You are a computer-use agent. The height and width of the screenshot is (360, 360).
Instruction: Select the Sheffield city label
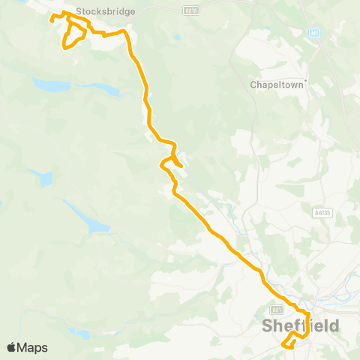coord(300,326)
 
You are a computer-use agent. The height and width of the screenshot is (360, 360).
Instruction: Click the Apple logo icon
coord(12,347)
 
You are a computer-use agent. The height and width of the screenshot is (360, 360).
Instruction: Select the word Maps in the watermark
coord(34,347)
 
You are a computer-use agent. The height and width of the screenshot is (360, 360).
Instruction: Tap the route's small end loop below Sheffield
coord(290,342)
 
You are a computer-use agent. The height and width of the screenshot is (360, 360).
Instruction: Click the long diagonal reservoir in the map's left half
coord(87,217)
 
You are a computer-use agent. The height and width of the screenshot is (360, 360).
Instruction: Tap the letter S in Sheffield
coord(268,326)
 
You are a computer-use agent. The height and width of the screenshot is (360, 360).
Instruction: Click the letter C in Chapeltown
coord(253,85)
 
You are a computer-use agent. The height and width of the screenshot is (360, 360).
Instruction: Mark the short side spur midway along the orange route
coord(178,162)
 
